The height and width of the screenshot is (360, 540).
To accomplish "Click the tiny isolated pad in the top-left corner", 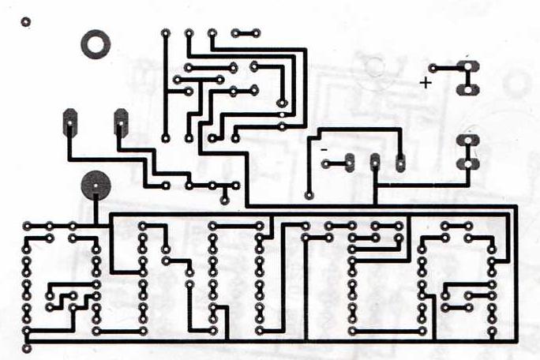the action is [x=25, y=22].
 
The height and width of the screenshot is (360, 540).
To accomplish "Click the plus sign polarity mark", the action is [x=426, y=82].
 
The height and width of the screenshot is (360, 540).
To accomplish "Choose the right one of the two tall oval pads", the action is [x=121, y=123].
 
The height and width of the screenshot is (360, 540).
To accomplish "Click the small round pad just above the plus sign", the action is [x=433, y=68].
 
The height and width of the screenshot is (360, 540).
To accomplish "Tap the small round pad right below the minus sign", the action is [x=326, y=164].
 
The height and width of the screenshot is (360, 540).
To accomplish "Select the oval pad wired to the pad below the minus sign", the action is [x=348, y=164].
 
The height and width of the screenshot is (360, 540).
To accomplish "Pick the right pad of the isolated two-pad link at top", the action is [x=257, y=33].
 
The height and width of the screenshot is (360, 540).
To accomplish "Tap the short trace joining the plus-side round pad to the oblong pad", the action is [x=450, y=68].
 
